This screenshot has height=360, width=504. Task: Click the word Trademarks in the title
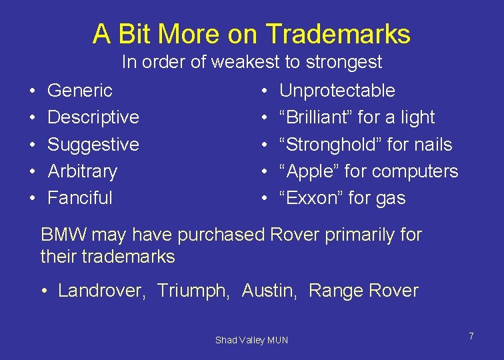(x=338, y=33)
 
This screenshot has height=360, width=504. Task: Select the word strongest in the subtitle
(x=344, y=63)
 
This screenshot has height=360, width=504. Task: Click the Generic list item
(x=80, y=90)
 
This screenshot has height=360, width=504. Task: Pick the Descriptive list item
(x=93, y=117)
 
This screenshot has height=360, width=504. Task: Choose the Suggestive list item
(x=93, y=144)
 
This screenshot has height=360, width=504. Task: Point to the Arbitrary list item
(x=82, y=171)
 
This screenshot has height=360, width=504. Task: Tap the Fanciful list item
(x=80, y=198)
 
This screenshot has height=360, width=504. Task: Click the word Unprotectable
(x=337, y=90)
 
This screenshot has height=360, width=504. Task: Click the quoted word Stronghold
(x=326, y=145)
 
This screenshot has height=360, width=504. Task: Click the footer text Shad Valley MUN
(x=251, y=340)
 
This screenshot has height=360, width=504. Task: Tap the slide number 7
(x=471, y=336)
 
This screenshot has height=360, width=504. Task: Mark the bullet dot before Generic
(x=32, y=91)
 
